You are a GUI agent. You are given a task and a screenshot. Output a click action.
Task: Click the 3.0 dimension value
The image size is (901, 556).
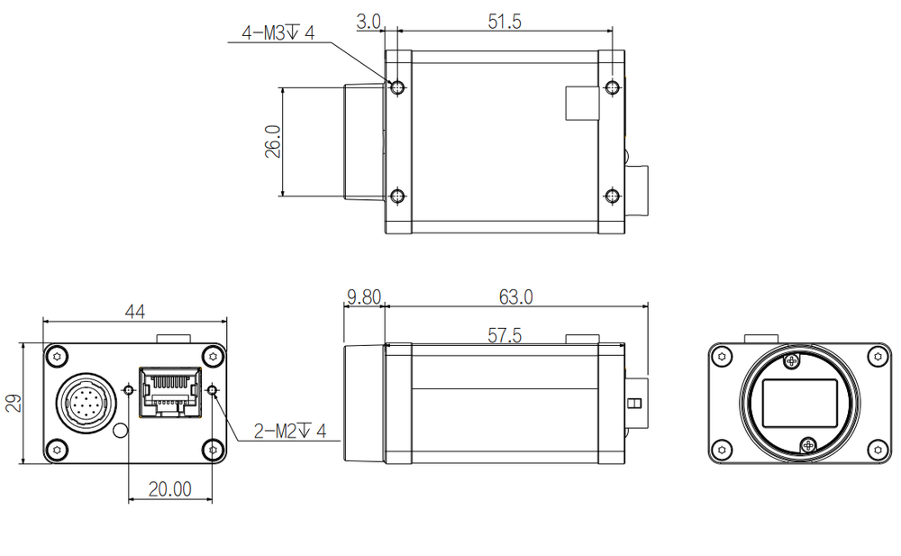tap(369, 21)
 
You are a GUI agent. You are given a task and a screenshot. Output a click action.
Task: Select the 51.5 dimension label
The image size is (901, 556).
tap(505, 21)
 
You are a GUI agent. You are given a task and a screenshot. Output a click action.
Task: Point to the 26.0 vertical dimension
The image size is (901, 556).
tap(273, 141)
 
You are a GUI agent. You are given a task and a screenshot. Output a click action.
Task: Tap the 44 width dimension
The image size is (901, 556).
tap(134, 312)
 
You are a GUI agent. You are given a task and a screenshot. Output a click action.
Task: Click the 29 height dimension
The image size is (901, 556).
tap(13, 403)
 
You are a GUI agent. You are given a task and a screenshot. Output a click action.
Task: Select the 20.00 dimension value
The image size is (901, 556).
tap(169, 489)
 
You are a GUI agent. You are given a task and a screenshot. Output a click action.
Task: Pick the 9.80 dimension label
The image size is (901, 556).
tap(364, 296)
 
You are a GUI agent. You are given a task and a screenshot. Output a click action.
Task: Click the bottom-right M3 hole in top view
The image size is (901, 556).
tap(612, 196)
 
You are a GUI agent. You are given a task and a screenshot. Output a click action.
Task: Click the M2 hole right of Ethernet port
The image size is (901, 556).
tap(214, 390)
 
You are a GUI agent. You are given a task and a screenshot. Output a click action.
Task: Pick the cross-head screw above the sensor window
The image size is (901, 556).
tap(792, 361)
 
